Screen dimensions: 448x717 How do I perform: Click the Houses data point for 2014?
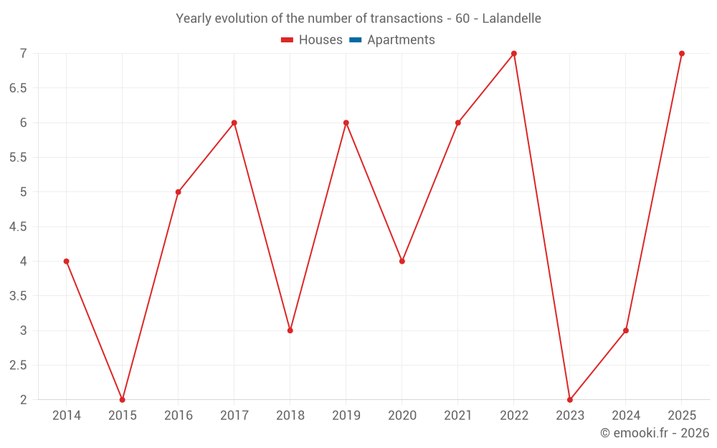(x=67, y=262)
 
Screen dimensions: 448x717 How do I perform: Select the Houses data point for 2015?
(x=123, y=400)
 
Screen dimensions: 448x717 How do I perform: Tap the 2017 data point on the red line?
(x=234, y=123)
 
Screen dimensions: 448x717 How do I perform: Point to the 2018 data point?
(x=290, y=330)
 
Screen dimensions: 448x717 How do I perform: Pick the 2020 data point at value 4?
(x=402, y=262)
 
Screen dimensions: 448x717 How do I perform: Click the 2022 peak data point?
(x=514, y=54)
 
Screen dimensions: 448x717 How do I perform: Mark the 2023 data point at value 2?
(x=570, y=400)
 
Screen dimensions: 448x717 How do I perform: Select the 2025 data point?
(x=682, y=54)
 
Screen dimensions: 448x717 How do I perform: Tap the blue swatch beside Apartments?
(x=355, y=40)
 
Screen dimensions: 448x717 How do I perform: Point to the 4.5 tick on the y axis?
(x=18, y=227)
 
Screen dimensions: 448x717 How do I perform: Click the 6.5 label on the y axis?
(x=18, y=88)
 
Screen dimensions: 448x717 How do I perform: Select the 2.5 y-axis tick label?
(x=18, y=366)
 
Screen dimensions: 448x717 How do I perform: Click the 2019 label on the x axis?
(x=346, y=416)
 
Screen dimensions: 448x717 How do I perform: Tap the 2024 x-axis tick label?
(x=626, y=416)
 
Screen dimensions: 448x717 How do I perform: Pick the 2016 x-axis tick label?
(x=179, y=416)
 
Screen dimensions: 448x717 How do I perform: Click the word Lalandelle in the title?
(x=511, y=19)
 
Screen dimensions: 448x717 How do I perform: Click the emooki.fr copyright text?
(x=655, y=433)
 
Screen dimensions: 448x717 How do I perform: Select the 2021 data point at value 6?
(x=458, y=123)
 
